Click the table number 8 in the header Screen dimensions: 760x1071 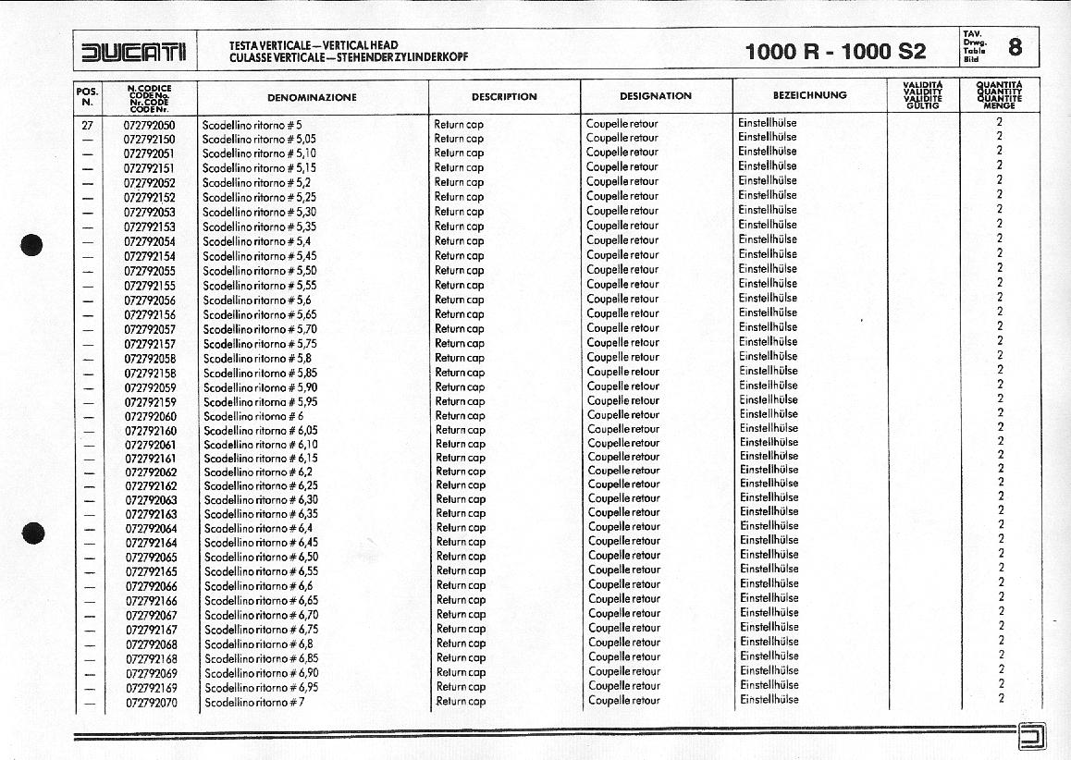point(1016,47)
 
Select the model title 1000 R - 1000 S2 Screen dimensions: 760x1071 point(835,52)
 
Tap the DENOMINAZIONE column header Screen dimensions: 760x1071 point(312,97)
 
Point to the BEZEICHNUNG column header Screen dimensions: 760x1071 point(809,95)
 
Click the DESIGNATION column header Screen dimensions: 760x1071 point(656,96)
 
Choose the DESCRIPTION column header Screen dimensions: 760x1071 point(504,96)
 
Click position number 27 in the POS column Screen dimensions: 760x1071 point(88,124)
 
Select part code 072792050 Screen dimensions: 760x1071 point(150,124)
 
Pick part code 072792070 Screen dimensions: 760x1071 point(152,703)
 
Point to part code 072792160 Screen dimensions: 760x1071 point(151,431)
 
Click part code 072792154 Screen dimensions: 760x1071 point(150,256)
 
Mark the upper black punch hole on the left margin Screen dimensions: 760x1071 point(32,246)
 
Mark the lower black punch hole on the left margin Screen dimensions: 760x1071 point(33,533)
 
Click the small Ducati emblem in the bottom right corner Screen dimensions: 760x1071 point(1030,736)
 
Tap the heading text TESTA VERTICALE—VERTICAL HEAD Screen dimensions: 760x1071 point(314,44)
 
